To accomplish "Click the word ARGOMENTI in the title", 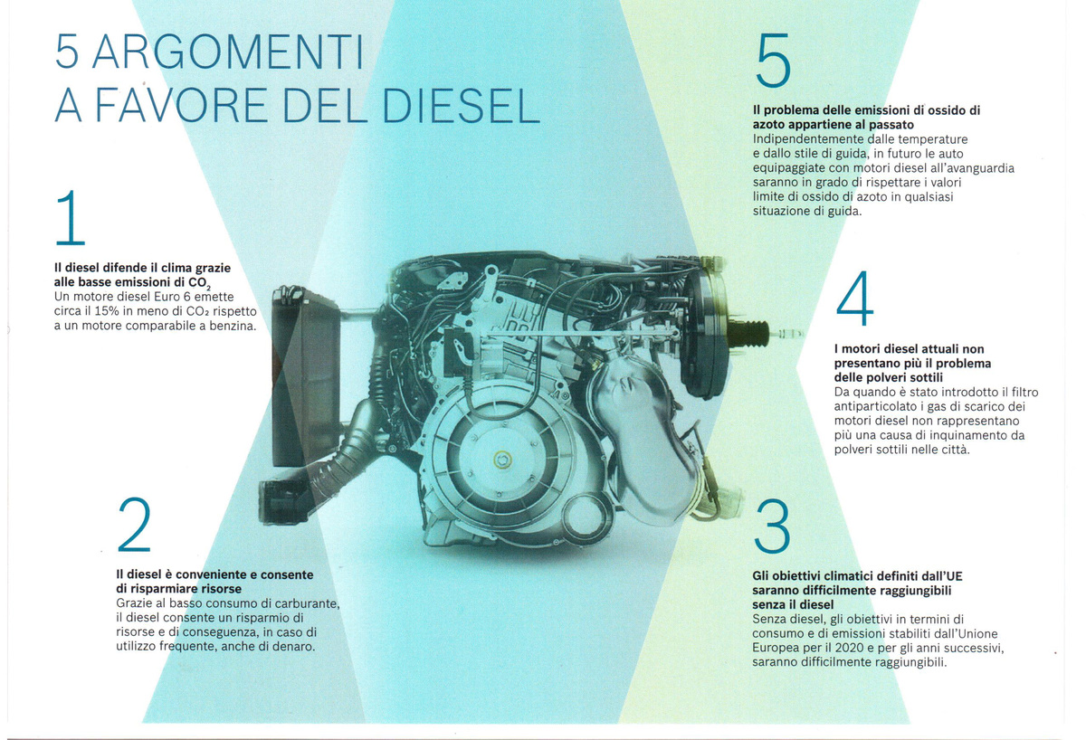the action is pos(227,52).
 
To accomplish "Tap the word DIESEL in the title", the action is pos(461,106).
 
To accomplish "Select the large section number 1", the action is pos(71,218).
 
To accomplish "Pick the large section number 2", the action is pos(134,525).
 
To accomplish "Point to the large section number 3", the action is pos(772,527).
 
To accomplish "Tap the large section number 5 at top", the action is pos(773,60).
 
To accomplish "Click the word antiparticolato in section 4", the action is pos(877,406).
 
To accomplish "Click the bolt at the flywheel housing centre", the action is pos(501,460).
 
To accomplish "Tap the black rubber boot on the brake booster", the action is pos(748,334).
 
